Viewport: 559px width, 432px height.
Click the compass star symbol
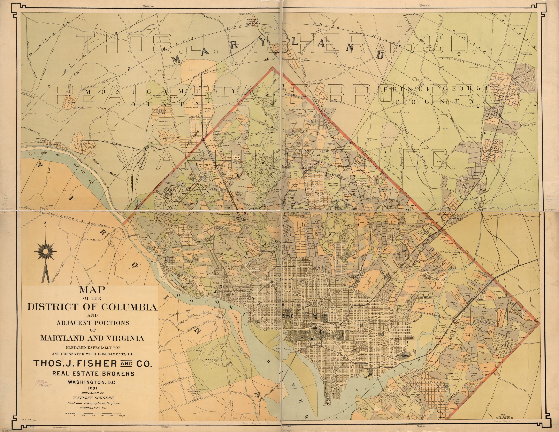tap(46, 252)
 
